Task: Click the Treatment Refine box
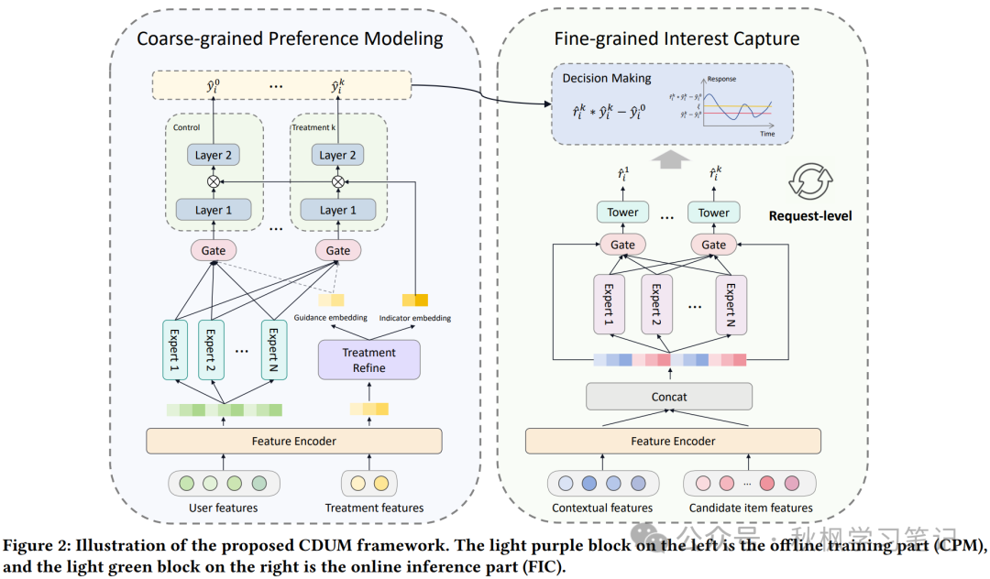[368, 360]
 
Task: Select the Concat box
[669, 397]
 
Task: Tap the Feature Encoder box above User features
[293, 441]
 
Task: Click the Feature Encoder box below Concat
[673, 441]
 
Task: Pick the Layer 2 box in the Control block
[214, 155]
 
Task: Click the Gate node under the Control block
[214, 250]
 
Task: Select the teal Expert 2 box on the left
[211, 350]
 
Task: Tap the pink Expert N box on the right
[731, 305]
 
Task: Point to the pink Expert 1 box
[607, 305]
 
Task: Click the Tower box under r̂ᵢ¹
[623, 213]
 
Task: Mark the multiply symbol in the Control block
[214, 181]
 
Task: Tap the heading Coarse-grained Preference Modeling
[290, 38]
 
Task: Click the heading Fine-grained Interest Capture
[676, 38]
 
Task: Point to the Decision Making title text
[606, 78]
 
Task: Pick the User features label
[223, 508]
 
